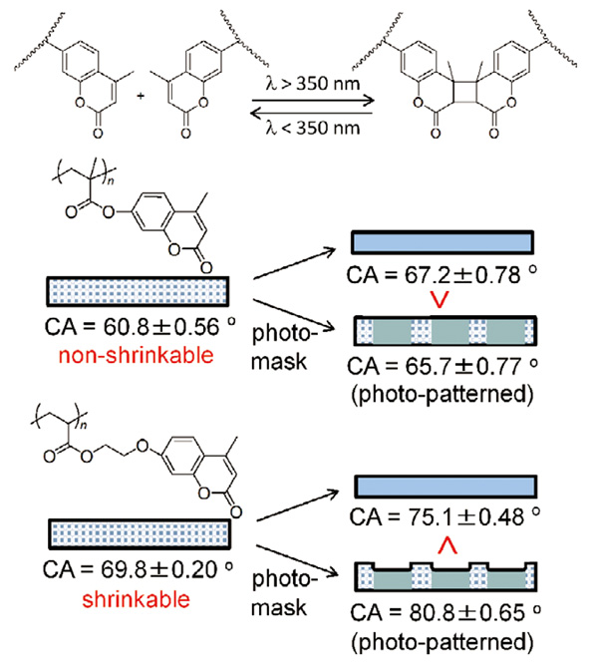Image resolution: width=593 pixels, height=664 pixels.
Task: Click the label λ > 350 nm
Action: coord(313,83)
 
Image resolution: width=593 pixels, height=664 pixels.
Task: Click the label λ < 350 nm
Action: coord(313,127)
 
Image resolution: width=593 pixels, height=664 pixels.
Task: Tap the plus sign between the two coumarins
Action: coord(141,96)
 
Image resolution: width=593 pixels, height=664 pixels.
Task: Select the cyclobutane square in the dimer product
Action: coord(464,92)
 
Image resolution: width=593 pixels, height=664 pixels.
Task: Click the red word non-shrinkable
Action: coord(136,355)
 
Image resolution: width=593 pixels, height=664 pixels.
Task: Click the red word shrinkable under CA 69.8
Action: coord(136,599)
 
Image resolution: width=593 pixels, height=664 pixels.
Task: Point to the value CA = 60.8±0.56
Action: coord(141,327)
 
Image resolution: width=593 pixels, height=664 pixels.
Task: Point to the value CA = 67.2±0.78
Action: coord(442,275)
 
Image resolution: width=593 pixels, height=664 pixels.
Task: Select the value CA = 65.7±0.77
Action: coord(443,366)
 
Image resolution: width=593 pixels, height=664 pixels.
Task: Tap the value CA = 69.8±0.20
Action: coord(138,569)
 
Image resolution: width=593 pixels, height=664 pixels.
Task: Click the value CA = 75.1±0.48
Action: coord(445,517)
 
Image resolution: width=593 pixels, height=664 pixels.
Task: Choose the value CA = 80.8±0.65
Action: coord(445,612)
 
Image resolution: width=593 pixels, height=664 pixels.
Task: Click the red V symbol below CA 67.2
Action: coord(440,300)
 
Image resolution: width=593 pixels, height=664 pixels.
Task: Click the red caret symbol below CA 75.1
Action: coord(447,545)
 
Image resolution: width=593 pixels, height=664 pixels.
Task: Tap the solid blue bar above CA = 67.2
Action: coord(443,242)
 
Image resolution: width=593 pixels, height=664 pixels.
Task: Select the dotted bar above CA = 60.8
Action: coord(138,291)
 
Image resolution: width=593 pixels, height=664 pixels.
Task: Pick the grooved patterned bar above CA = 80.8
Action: coord(446,577)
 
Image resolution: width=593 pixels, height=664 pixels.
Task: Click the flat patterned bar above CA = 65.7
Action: coord(445,331)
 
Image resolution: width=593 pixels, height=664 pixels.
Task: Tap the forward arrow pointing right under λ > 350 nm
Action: coord(313,101)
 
